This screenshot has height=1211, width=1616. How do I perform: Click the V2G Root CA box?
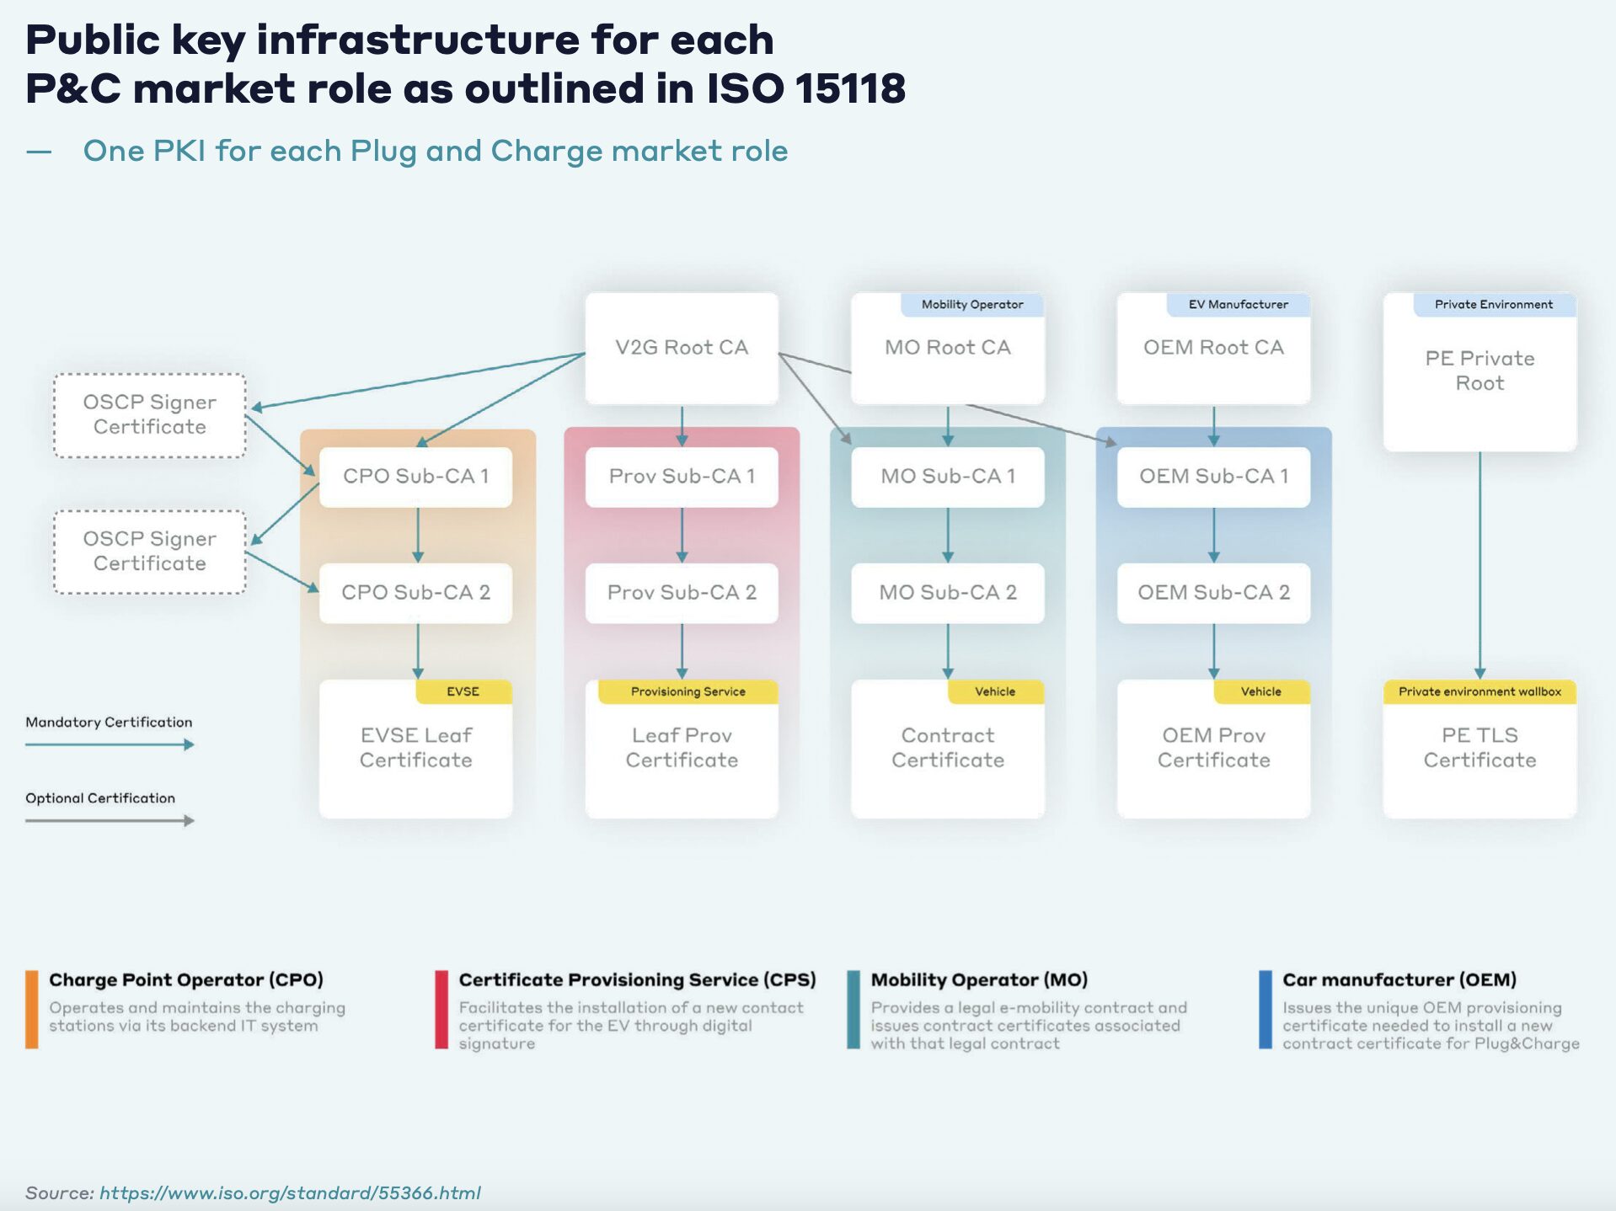[x=681, y=348]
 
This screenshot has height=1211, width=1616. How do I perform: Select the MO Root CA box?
[x=947, y=348]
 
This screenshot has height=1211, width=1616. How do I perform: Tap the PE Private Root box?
[x=1479, y=371]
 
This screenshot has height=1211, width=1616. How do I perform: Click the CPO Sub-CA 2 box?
[x=415, y=593]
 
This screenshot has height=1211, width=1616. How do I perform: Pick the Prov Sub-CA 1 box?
[x=681, y=477]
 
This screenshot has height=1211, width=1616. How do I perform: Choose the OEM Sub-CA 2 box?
[x=1213, y=593]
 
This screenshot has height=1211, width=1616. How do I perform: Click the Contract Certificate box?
[x=947, y=749]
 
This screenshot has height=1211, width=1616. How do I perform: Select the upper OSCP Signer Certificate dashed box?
[x=150, y=415]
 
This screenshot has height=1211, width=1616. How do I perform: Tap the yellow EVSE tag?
[x=463, y=691]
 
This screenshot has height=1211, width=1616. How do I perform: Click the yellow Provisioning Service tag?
[x=688, y=691]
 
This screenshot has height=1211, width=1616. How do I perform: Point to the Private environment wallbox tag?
[x=1479, y=691]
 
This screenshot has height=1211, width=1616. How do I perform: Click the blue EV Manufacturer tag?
[x=1238, y=305]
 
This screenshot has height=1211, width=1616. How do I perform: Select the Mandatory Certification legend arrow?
[x=110, y=744]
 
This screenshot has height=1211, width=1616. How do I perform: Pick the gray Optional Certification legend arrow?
[x=110, y=820]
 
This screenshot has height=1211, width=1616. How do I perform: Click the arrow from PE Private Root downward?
[x=1480, y=564]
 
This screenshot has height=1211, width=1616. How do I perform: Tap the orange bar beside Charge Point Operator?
[x=32, y=1009]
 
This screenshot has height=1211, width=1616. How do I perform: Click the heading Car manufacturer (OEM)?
[x=1399, y=980]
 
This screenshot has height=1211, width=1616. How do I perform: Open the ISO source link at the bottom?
[x=290, y=1192]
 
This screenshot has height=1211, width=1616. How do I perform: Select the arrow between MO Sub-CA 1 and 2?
[x=948, y=535]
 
